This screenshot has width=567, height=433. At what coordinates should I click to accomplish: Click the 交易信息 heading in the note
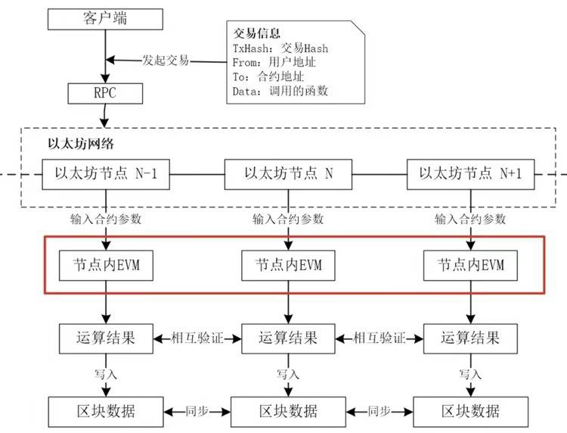tap(256, 33)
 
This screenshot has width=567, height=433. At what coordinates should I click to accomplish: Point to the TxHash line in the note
tap(280, 48)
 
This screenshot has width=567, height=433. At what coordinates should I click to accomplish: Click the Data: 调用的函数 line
tap(280, 92)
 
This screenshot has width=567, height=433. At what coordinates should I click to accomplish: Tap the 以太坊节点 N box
tap(287, 173)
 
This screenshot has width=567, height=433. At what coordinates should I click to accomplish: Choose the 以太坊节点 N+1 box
tap(470, 173)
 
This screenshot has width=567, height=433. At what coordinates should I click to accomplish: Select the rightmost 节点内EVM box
tap(470, 266)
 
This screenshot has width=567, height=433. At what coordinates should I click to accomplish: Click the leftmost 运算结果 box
tap(106, 336)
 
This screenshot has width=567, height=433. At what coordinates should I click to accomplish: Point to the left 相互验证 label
tap(197, 336)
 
